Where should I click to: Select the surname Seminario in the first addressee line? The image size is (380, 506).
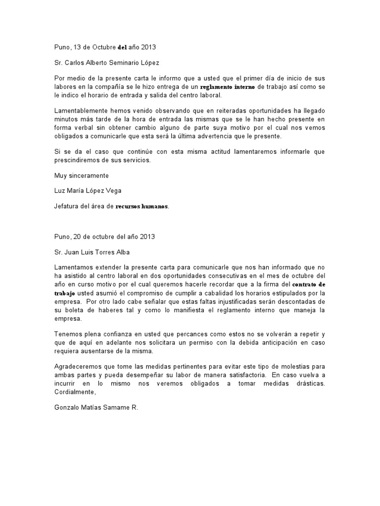[125, 63]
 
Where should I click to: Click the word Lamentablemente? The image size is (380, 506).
[81, 110]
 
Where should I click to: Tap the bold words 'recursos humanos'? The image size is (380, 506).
[142, 207]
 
